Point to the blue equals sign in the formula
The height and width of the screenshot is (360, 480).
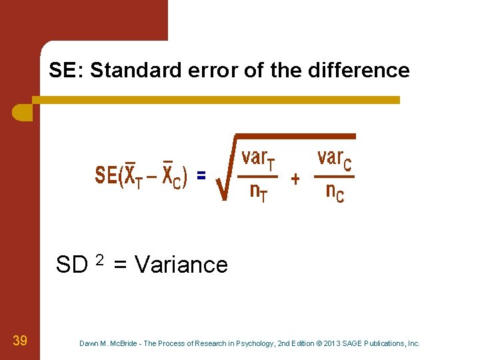pyautogui.click(x=201, y=175)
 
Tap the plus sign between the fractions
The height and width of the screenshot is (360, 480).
pyautogui.click(x=295, y=179)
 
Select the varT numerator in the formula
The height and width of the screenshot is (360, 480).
pyautogui.click(x=259, y=159)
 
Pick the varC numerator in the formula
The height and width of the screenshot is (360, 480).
pyautogui.click(x=335, y=159)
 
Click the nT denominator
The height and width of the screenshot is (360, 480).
pyautogui.click(x=259, y=193)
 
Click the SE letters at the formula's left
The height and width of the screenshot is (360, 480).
pyautogui.click(x=105, y=176)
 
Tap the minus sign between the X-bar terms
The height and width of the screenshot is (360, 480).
pyautogui.click(x=153, y=177)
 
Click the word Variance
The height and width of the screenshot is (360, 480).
pyautogui.click(x=181, y=265)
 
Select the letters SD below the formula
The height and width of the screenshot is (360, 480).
pyautogui.click(x=72, y=265)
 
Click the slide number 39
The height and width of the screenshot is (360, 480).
pyautogui.click(x=20, y=341)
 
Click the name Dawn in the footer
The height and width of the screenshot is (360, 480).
pyautogui.click(x=89, y=343)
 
